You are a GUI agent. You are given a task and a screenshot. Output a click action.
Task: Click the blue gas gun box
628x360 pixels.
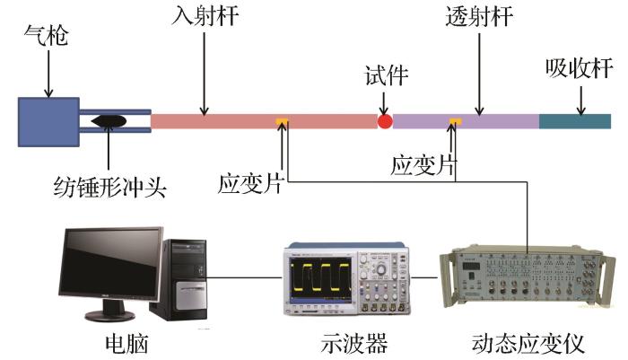tap(48, 121)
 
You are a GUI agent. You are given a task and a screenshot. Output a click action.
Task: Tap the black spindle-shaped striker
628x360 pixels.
tap(109, 121)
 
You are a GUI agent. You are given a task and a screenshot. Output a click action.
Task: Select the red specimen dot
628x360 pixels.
tap(385, 121)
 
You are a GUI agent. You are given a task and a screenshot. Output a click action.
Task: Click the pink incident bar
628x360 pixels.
tap(260, 121)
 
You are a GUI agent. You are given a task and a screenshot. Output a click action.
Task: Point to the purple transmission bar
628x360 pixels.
tap(467, 121)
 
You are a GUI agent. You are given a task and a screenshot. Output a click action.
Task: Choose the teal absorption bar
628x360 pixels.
tap(574, 121)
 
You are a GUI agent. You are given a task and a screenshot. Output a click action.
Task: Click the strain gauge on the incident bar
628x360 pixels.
tap(282, 121)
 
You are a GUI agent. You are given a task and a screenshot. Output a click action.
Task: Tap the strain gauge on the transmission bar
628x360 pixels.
tap(455, 121)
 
